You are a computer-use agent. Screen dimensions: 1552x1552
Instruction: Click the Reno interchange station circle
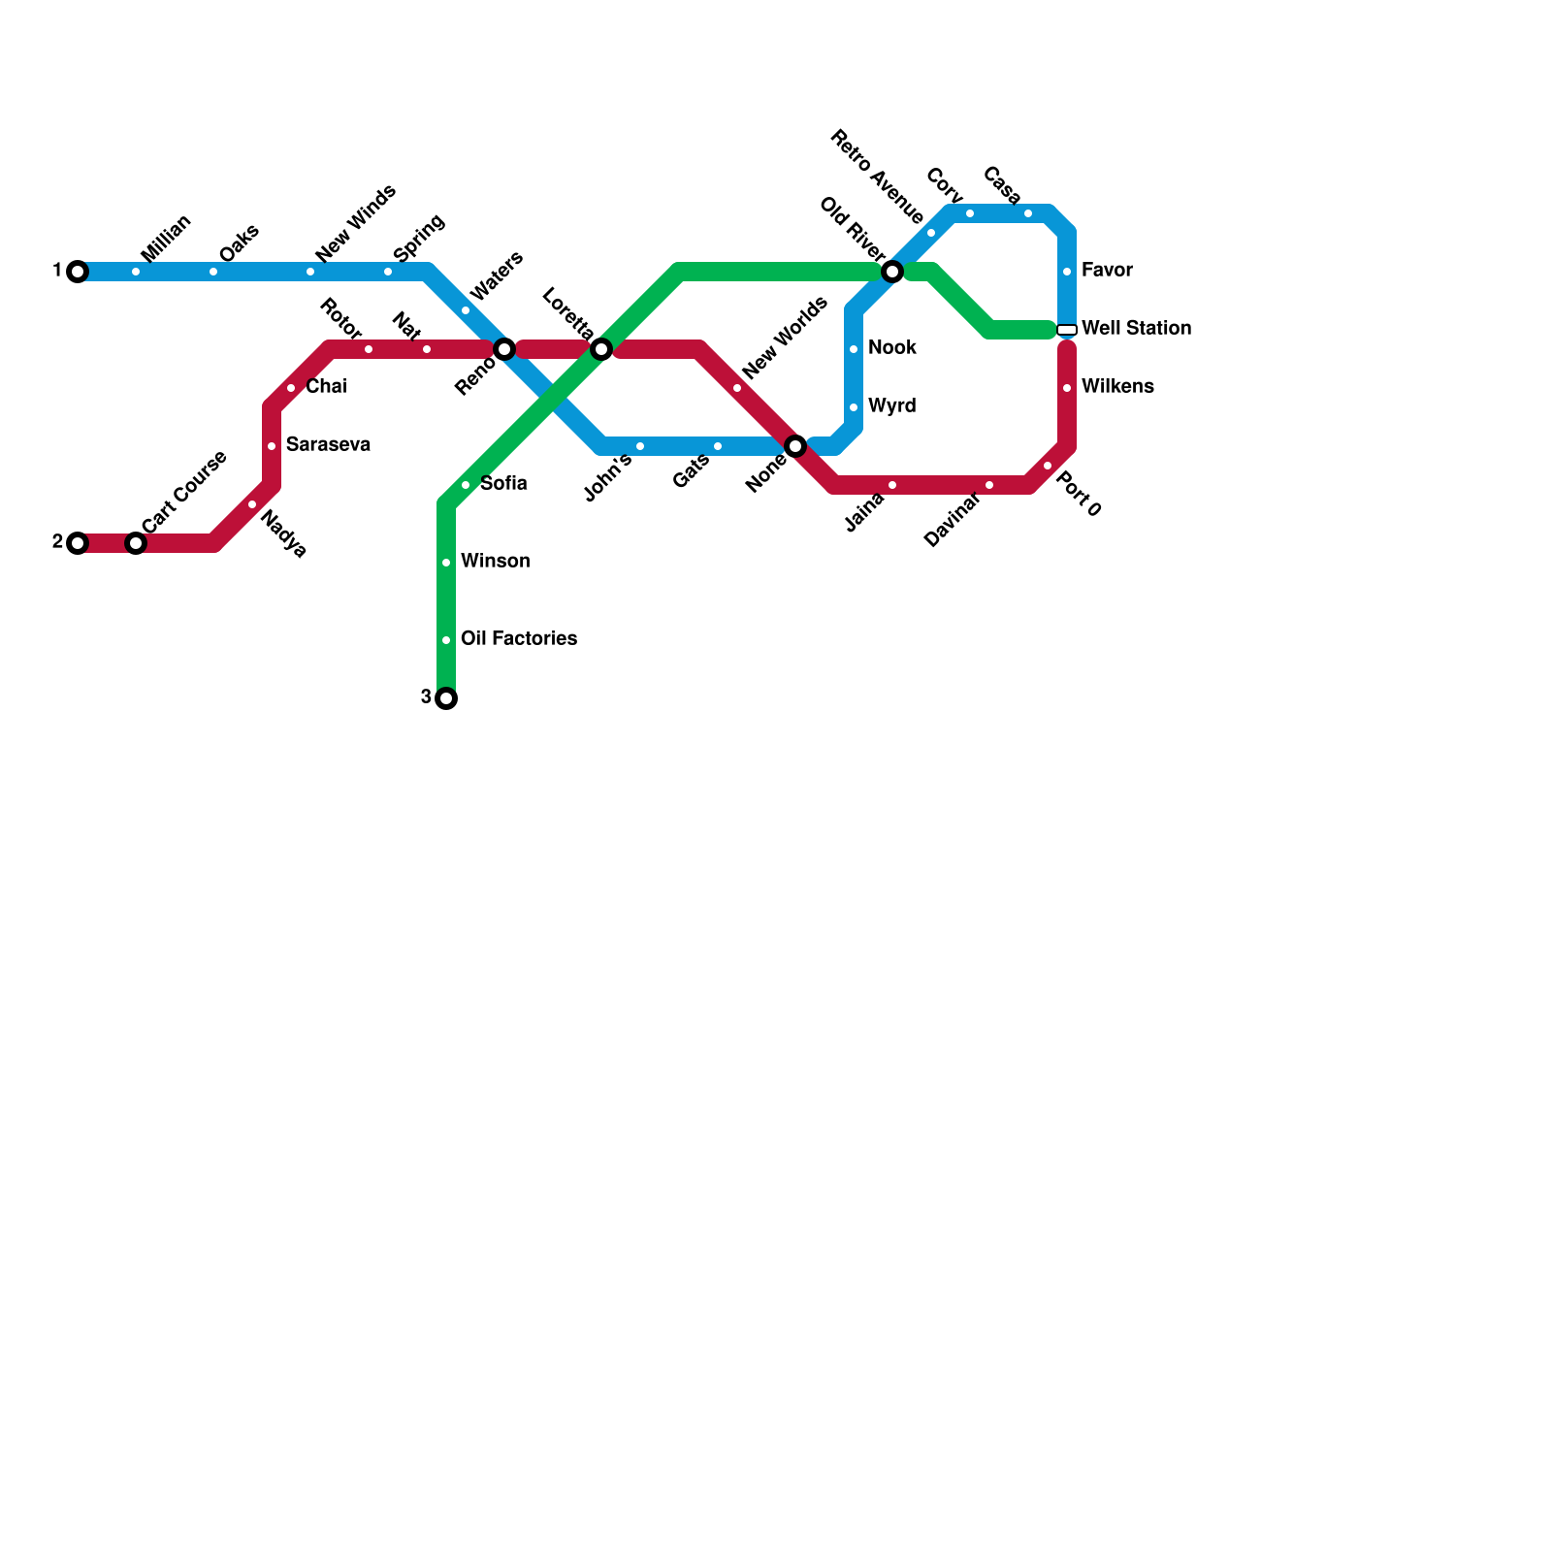pyautogui.click(x=504, y=349)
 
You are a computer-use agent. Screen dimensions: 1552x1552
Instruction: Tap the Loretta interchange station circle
pyautogui.click(x=601, y=349)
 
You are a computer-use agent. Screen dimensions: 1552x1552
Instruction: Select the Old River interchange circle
pyautogui.click(x=892, y=272)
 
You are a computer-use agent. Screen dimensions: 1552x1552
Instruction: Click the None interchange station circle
pyautogui.click(x=795, y=446)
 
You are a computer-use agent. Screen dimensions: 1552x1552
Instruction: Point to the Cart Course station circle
pyautogui.click(x=136, y=543)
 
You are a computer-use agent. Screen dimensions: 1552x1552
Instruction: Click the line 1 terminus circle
pyautogui.click(x=78, y=272)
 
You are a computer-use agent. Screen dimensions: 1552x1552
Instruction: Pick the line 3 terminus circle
pyautogui.click(x=446, y=698)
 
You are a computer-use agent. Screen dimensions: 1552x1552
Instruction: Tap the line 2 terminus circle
pyautogui.click(x=78, y=543)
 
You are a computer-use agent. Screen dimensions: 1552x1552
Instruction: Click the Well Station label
pyautogui.click(x=1136, y=329)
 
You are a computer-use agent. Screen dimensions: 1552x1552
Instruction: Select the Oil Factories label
pyautogui.click(x=519, y=639)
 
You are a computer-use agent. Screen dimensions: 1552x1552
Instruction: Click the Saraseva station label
pyautogui.click(x=328, y=445)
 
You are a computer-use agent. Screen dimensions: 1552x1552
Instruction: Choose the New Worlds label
pyautogui.click(x=785, y=338)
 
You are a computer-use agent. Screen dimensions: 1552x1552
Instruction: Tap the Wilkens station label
pyautogui.click(x=1117, y=387)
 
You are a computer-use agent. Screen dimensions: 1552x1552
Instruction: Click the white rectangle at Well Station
pyautogui.click(x=1067, y=330)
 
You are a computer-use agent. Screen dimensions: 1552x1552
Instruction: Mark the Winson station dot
pyautogui.click(x=446, y=563)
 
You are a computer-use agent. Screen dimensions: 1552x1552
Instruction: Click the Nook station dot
pyautogui.click(x=854, y=349)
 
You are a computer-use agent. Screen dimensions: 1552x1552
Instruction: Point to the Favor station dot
pyautogui.click(x=1067, y=272)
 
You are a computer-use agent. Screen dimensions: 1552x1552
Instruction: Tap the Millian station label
pyautogui.click(x=166, y=239)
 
